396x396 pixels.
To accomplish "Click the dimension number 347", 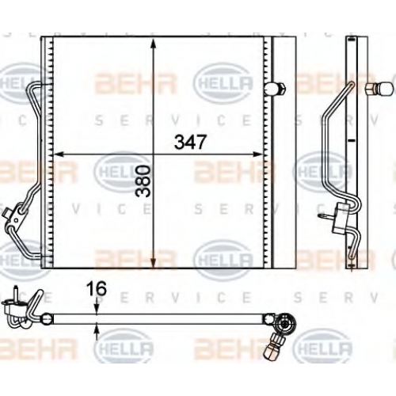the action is pos(189,142).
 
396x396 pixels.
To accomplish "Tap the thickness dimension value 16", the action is pos(97,288).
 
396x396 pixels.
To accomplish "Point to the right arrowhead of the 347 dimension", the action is pos(258,154).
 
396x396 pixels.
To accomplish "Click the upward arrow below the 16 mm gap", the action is pos(97,331).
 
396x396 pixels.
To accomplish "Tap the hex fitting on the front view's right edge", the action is pos(276,89).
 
